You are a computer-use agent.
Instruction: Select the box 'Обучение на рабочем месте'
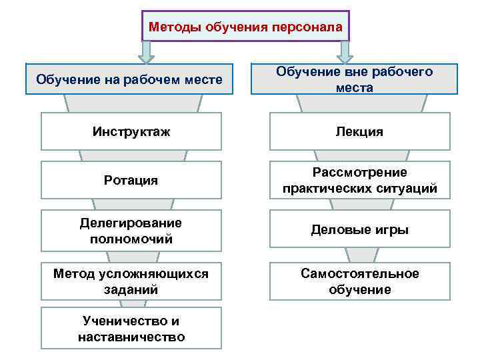pos(129,79)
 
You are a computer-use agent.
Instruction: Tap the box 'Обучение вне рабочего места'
pos(354,79)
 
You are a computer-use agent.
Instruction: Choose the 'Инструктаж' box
pos(131,131)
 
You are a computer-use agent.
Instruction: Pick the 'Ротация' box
pos(131,180)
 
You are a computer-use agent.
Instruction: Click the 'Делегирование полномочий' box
pos(131,231)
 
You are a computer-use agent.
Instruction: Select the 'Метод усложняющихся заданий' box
pos(131,281)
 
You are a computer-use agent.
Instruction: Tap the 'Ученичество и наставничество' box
pos(131,329)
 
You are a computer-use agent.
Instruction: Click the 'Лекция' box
pos(359,131)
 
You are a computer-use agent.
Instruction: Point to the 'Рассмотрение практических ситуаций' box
pos(359,180)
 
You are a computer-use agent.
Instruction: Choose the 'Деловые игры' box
pos(359,229)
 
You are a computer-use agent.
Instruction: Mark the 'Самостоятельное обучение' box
pos(359,281)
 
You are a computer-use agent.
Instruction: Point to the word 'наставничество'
pos(131,337)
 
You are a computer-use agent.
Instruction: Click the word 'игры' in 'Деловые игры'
pos(393,229)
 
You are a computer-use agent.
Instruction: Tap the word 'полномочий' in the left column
pos(131,239)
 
